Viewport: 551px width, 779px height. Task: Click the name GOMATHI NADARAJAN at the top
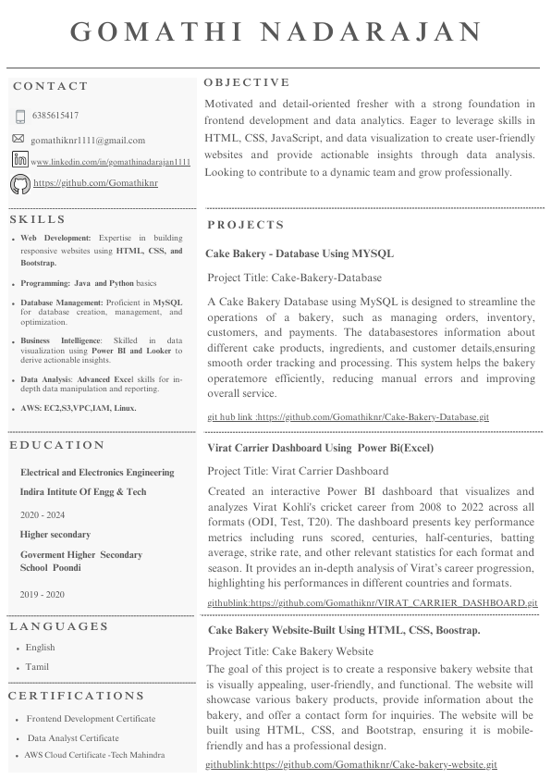pyautogui.click(x=276, y=31)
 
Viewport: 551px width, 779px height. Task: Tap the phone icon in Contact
pyautogui.click(x=20, y=117)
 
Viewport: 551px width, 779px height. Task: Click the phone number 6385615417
pyautogui.click(x=55, y=117)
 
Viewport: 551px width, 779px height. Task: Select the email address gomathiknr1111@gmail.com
pyautogui.click(x=88, y=141)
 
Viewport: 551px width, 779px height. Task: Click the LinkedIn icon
pyautogui.click(x=19, y=160)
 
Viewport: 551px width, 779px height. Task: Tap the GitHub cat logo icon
pyautogui.click(x=19, y=184)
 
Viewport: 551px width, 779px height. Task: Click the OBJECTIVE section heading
pyautogui.click(x=247, y=83)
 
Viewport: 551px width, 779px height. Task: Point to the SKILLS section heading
pyautogui.click(x=38, y=220)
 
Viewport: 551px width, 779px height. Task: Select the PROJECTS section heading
pyautogui.click(x=246, y=226)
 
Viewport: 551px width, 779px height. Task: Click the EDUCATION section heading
pyautogui.click(x=56, y=446)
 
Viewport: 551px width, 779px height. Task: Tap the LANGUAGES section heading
pyautogui.click(x=59, y=626)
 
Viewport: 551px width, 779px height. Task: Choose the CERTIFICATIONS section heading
pyautogui.click(x=77, y=696)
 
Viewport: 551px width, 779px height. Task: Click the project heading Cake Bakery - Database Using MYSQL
pyautogui.click(x=300, y=253)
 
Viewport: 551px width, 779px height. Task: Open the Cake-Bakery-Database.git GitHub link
pyautogui.click(x=348, y=417)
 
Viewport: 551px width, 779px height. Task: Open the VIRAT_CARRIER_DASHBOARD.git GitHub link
pyautogui.click(x=372, y=602)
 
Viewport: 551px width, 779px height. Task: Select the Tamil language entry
pyautogui.click(x=38, y=667)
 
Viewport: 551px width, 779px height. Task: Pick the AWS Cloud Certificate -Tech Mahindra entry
pyautogui.click(x=95, y=756)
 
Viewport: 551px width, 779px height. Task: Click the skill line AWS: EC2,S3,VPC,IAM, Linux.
pyautogui.click(x=79, y=408)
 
